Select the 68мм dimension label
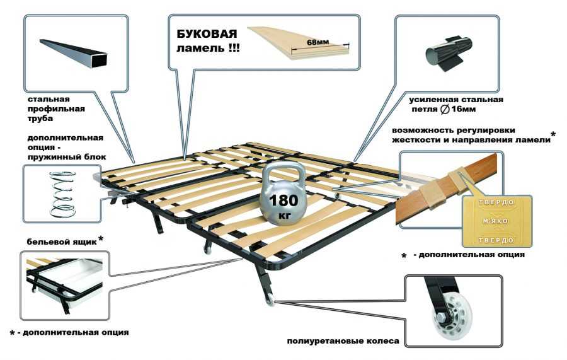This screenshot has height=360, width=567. [318, 42]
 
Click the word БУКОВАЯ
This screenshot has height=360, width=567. [207, 33]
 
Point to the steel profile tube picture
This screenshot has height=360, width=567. [74, 53]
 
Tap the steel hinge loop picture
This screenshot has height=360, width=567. [448, 54]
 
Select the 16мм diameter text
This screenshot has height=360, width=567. [464, 109]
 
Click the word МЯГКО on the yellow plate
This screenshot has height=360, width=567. [496, 221]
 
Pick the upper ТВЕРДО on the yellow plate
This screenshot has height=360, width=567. [496, 202]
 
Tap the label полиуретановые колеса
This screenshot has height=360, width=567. [343, 341]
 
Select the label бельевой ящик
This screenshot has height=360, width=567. [62, 241]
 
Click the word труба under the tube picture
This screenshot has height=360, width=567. [40, 119]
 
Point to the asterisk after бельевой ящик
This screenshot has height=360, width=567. [101, 238]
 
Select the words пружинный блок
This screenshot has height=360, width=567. [67, 158]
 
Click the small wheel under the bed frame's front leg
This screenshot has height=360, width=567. [270, 301]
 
